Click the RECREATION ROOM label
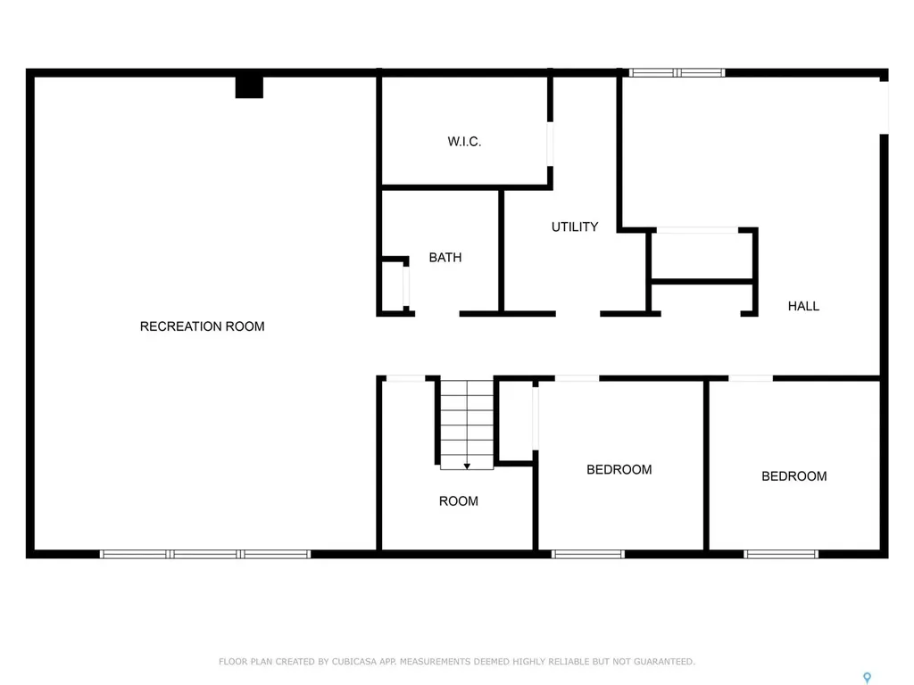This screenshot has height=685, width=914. click(x=202, y=326)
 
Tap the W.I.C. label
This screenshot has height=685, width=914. click(x=464, y=142)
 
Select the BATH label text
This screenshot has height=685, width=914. click(x=445, y=258)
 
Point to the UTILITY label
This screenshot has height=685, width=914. click(x=575, y=227)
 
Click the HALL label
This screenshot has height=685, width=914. click(x=803, y=306)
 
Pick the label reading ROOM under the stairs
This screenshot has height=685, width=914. click(x=458, y=501)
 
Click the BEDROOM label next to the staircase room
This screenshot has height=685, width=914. click(x=619, y=470)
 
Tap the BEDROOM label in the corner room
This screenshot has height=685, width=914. click(x=794, y=476)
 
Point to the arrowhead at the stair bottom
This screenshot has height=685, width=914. click(x=467, y=466)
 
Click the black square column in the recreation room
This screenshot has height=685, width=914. click(x=249, y=87)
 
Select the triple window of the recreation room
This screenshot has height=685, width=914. click(x=205, y=554)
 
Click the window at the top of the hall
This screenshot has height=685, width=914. click(x=677, y=73)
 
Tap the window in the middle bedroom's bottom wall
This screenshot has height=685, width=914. click(x=587, y=554)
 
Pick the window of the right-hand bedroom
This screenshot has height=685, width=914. click(x=781, y=554)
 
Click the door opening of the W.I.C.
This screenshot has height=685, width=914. click(x=550, y=143)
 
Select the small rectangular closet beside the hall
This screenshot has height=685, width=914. click(x=702, y=256)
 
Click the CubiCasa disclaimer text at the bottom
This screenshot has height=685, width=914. click(x=457, y=661)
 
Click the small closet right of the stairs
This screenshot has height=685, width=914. click(x=515, y=420)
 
